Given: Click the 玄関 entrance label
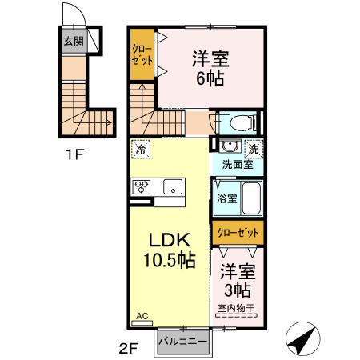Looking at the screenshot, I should click(x=74, y=41).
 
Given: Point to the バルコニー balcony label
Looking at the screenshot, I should click(x=182, y=342).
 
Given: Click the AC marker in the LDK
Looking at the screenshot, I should click(x=142, y=317).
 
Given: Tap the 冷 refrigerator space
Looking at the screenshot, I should click(x=142, y=149).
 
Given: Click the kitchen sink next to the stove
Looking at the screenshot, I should click(x=170, y=187).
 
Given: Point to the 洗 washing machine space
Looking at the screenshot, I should click(x=253, y=149).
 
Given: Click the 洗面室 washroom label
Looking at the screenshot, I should click(x=238, y=166).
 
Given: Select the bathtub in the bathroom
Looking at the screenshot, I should click(x=250, y=198).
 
